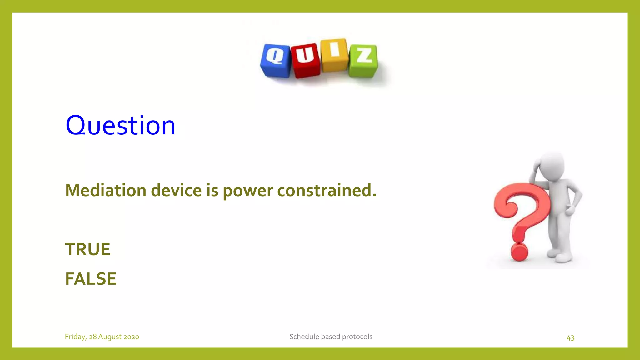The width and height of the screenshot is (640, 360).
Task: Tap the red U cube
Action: point(305,60)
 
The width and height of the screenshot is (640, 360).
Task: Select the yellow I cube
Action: point(334,55)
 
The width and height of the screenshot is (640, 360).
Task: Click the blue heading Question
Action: point(120,125)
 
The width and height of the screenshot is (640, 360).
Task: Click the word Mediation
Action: point(106,190)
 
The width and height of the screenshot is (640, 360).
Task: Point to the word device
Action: point(176,190)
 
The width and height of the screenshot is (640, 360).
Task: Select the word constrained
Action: point(327,190)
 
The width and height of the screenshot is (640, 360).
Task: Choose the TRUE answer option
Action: point(87,249)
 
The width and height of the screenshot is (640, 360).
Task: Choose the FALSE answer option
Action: point(91,279)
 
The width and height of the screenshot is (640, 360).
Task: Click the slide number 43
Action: point(570,338)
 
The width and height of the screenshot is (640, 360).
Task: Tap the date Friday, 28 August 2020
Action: point(102,337)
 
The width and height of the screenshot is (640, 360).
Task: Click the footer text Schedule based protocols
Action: point(331,337)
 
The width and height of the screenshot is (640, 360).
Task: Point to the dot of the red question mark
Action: point(519,252)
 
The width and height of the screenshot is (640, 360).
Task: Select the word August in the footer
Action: point(110,337)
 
